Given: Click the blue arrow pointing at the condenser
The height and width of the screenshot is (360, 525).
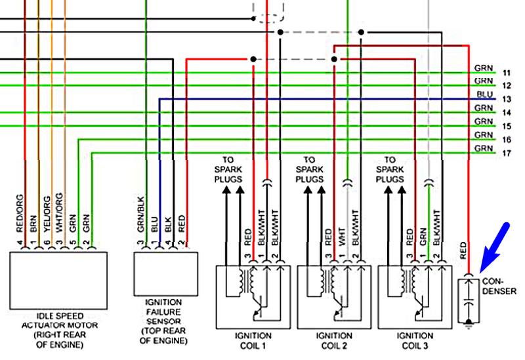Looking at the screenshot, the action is point(495,248).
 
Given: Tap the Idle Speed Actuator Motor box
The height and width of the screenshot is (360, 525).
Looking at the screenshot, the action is point(58,281).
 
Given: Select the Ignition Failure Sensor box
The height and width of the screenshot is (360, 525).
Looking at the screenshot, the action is point(166,274).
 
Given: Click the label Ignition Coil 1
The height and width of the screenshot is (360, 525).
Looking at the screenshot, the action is point(253,340).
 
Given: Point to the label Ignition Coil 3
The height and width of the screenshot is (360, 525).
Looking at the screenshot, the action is point(415,340).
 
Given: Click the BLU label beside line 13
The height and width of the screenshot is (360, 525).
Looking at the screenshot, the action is point(484,94).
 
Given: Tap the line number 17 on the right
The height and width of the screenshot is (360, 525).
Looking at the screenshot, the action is point(507,153).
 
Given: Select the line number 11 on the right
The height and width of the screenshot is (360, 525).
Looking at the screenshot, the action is point(507,73).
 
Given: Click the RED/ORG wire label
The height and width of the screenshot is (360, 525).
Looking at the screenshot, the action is point(20,214).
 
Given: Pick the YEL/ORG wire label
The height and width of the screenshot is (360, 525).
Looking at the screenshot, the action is point(47,214).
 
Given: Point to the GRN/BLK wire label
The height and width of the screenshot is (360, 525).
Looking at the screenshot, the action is point(140,214).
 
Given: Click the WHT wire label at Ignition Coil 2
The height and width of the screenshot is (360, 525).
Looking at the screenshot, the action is point(341,237).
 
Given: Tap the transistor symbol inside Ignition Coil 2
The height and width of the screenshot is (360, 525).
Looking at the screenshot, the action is point(338,307).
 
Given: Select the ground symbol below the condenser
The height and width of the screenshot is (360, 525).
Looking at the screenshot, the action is point(469,323).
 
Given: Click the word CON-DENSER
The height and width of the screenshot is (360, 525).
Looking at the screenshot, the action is point(499,287).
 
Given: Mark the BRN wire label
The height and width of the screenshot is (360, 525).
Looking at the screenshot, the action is point(33,224).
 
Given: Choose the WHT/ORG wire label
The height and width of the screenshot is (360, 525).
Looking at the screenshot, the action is point(59,212).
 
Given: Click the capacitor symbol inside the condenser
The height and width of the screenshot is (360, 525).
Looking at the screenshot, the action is point(469,300).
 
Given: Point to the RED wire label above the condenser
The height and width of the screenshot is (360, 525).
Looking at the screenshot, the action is point(463,250).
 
